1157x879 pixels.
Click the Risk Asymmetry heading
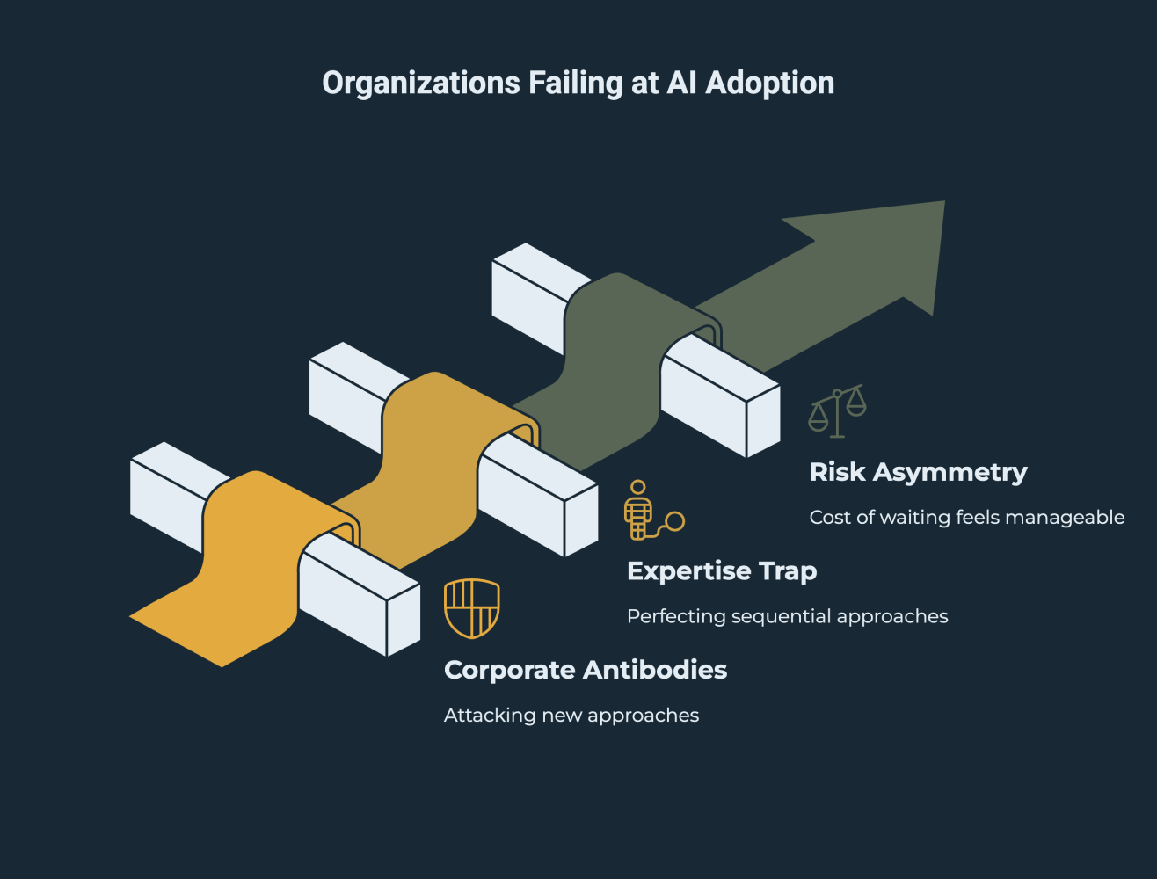pyautogui.click(x=918, y=472)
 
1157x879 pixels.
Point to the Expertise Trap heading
pyautogui.click(x=722, y=571)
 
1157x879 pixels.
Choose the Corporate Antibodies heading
pyautogui.click(x=586, y=670)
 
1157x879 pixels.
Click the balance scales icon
pyautogui.click(x=837, y=410)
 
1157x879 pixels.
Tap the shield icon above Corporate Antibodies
pyautogui.click(x=472, y=607)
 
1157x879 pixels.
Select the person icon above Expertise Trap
pyautogui.click(x=640, y=510)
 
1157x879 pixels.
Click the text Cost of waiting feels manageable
pyautogui.click(x=966, y=517)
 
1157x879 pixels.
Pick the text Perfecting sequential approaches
pyautogui.click(x=787, y=616)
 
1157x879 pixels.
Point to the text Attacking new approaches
pyautogui.click(x=571, y=716)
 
